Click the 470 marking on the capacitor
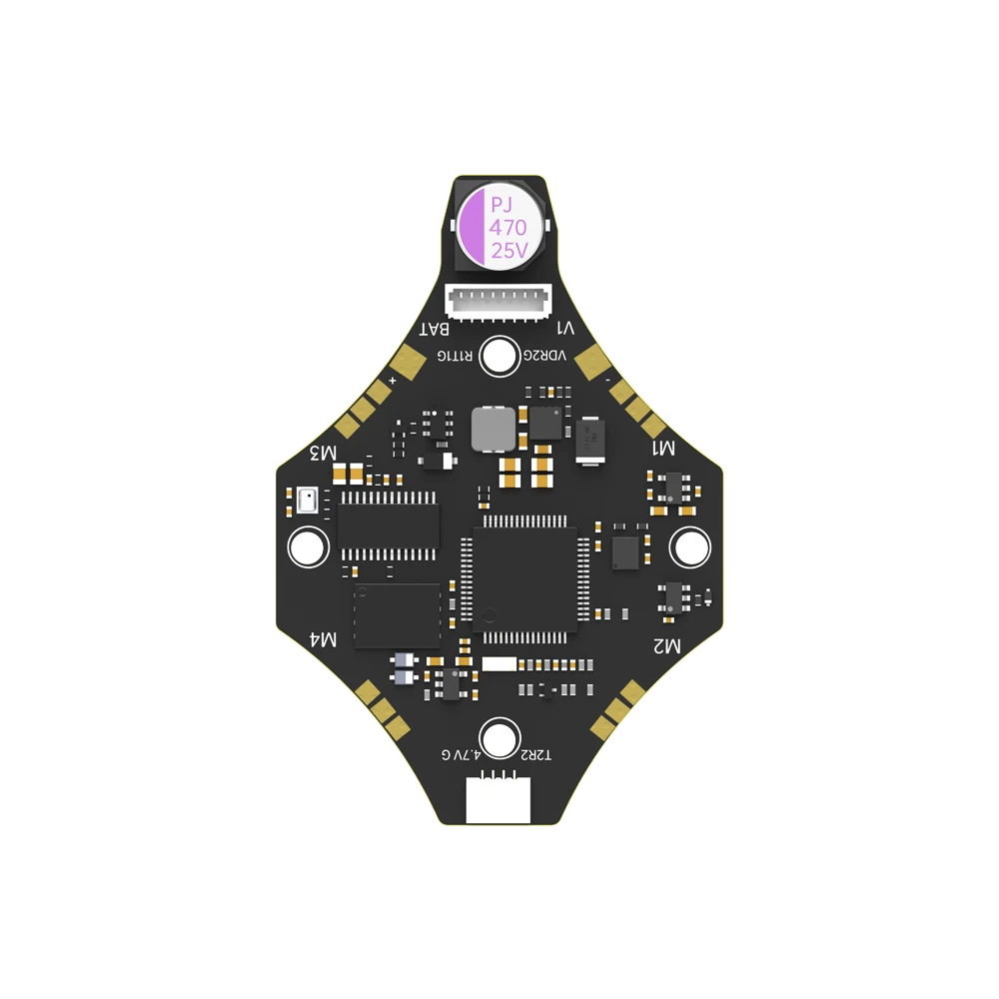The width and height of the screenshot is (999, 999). (506, 228)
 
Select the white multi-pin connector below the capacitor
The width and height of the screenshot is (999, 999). (499, 300)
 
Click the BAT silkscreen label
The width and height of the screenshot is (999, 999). (435, 329)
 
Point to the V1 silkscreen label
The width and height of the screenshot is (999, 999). (564, 329)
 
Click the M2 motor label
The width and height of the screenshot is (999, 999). (666, 646)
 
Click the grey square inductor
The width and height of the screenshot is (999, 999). (493, 429)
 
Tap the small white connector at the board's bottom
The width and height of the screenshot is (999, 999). (499, 800)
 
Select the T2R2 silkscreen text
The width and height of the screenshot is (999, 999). (535, 755)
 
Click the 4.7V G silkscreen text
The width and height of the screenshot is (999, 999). (461, 755)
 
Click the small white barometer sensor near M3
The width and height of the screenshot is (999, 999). (308, 499)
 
